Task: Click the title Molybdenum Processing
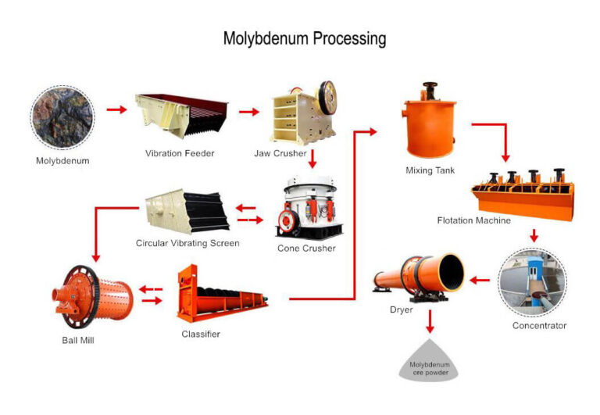point(304,38)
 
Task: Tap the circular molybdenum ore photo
point(62,117)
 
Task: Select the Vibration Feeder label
point(179,153)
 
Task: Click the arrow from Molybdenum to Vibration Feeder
point(116,109)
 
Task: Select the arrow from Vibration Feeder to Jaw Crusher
point(248,112)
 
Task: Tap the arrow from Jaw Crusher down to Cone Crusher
point(312,159)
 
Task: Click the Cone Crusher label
point(306,249)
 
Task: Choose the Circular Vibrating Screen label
point(187,243)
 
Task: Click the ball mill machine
point(91,298)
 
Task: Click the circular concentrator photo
point(532,281)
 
